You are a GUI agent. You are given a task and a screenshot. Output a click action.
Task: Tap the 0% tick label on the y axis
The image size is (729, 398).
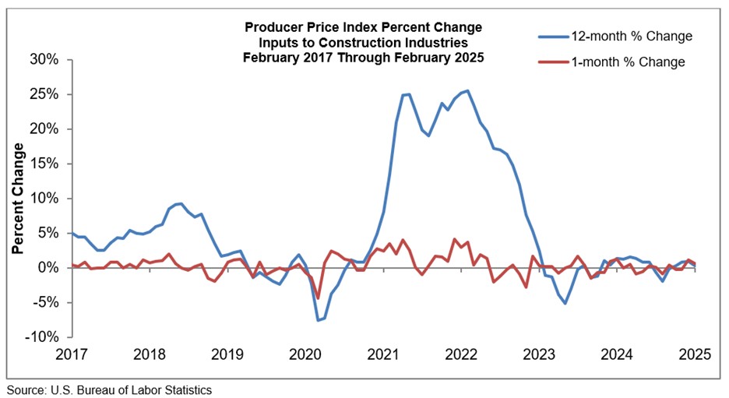pyautogui.click(x=51, y=268)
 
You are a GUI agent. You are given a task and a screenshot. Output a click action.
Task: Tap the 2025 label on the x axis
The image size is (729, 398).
pyautogui.click(x=694, y=354)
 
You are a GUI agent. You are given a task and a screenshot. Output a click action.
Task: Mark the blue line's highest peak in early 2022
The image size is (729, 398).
pyautogui.click(x=467, y=90)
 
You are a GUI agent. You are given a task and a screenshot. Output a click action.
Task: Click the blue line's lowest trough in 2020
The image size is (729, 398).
pyautogui.click(x=318, y=320)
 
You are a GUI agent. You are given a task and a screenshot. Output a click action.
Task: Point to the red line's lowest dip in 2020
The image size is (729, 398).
pyautogui.click(x=318, y=298)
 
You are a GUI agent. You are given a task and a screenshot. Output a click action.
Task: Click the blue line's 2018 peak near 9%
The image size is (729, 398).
pyautogui.click(x=181, y=203)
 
